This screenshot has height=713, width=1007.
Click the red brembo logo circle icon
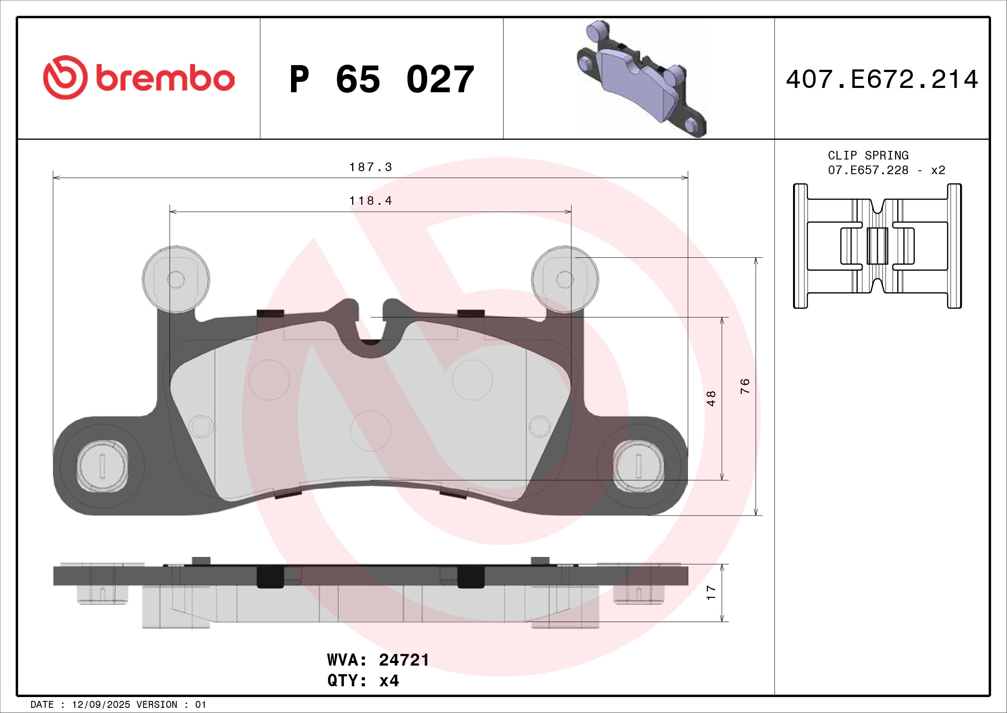pos(65,77)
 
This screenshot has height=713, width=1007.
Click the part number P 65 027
pos(381,79)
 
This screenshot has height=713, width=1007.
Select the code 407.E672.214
pos(882,79)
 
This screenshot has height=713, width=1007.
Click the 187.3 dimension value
pos(370,167)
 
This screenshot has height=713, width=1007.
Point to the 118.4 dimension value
pos(370,201)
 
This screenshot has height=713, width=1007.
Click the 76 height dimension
pos(745,386)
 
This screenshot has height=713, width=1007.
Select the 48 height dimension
pos(711,398)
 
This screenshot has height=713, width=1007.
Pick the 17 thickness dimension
pos(711,593)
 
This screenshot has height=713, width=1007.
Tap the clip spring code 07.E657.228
pos(868,170)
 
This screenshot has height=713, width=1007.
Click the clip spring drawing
pos(877,246)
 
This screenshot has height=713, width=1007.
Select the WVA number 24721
pos(404,660)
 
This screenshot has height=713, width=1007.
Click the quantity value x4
pos(389,681)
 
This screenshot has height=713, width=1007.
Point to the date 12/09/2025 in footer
pos(101,705)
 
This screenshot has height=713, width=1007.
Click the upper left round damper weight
pos(176,279)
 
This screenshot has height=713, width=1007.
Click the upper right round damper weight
pos(565,279)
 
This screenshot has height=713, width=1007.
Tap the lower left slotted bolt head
pos(102,466)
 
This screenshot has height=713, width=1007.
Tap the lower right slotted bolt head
pos(638,466)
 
